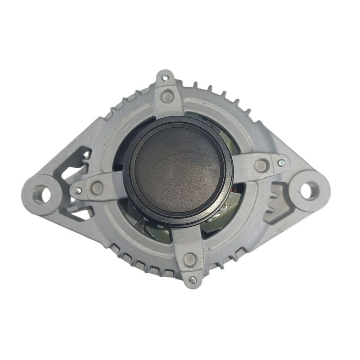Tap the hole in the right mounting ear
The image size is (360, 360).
[309, 190]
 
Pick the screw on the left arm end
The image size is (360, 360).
[78, 191]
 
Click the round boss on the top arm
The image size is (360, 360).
[167, 96]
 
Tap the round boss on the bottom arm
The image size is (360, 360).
[190, 259]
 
